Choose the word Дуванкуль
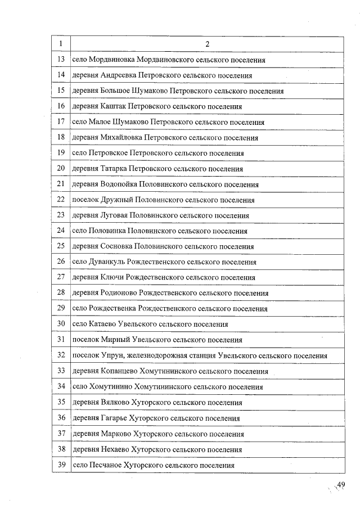tap(107, 262)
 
